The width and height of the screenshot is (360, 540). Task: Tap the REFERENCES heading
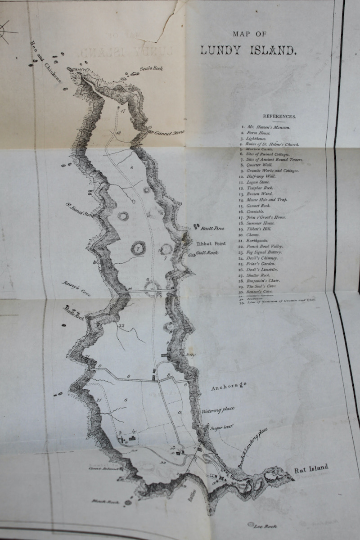click(279, 116)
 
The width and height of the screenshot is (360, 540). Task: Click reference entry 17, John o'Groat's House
click(265, 217)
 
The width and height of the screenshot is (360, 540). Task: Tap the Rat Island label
click(311, 468)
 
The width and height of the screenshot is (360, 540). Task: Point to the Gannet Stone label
click(170, 133)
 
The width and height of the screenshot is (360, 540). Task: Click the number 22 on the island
click(121, 326)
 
